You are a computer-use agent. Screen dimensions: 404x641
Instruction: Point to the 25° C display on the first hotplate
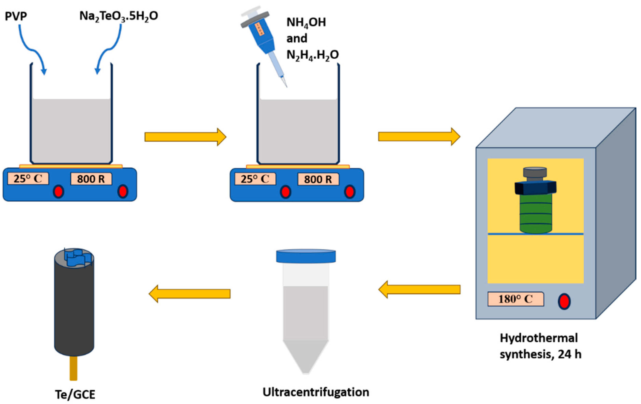pyautogui.click(x=28, y=179)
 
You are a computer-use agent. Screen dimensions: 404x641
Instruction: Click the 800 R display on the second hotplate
pyautogui.click(x=318, y=179)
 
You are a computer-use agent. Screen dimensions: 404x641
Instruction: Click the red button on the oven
pyautogui.click(x=564, y=301)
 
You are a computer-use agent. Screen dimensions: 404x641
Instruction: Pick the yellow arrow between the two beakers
pyautogui.click(x=185, y=137)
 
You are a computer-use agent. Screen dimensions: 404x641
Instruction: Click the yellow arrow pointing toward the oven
pyautogui.click(x=419, y=137)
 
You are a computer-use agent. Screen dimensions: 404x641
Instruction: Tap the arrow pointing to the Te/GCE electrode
pyautogui.click(x=190, y=294)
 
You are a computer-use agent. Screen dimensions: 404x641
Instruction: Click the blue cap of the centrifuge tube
pyautogui.click(x=306, y=256)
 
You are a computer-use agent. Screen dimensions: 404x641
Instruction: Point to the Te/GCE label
pyautogui.click(x=75, y=394)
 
